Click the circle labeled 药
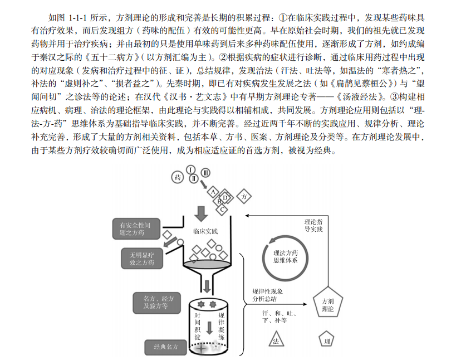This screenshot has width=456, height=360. click(178, 177)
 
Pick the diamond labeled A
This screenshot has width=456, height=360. click(213, 191)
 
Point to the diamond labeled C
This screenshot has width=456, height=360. click(222, 210)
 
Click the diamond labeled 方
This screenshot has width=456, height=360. click(243, 196)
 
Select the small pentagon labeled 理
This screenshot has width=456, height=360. click(327, 339)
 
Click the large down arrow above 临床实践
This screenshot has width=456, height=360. click(202, 213)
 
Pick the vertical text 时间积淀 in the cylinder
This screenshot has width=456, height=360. click(197, 326)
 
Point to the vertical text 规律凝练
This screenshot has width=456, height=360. click(221, 326)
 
